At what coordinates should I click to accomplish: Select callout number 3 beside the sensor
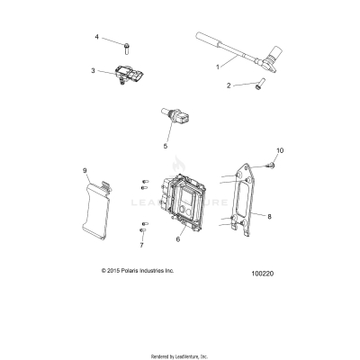93,70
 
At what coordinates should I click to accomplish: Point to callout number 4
96,38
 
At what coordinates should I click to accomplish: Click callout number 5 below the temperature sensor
165,145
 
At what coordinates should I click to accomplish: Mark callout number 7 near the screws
141,244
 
